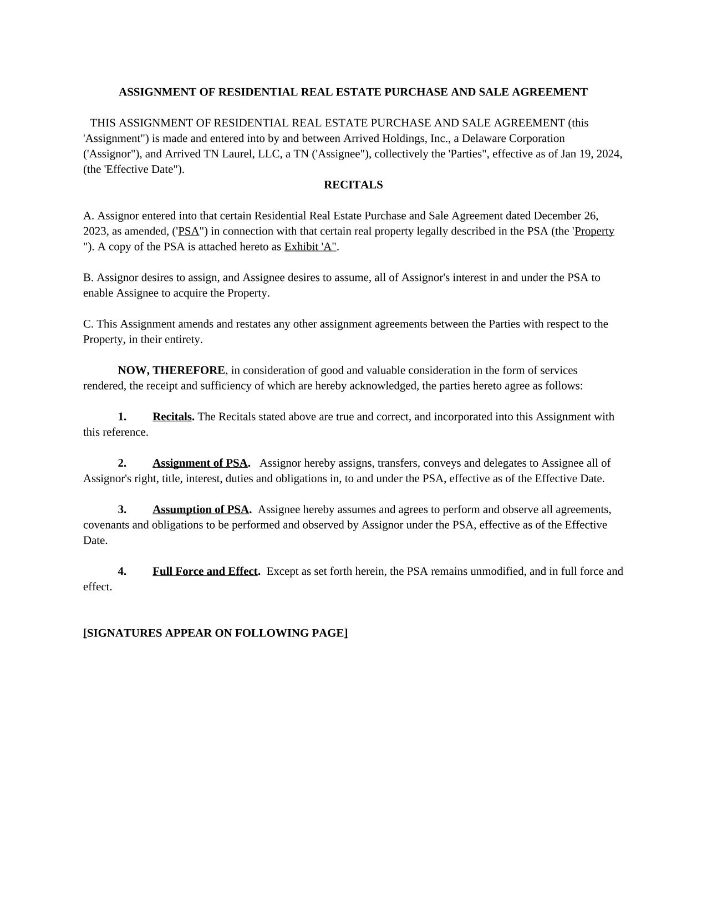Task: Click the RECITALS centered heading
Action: [353, 185]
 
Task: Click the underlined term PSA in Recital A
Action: [189, 231]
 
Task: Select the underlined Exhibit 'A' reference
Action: [310, 247]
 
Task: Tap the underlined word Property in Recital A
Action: [594, 231]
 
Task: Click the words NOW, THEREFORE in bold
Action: [171, 370]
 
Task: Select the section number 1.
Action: [122, 417]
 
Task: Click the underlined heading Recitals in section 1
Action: [172, 417]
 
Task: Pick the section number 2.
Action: [122, 463]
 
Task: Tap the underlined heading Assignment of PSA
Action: [200, 463]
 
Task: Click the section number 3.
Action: [122, 509]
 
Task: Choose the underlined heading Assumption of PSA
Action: [201, 509]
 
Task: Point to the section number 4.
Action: [122, 571]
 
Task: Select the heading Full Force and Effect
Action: [205, 571]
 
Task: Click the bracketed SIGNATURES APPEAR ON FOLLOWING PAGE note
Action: [216, 633]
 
